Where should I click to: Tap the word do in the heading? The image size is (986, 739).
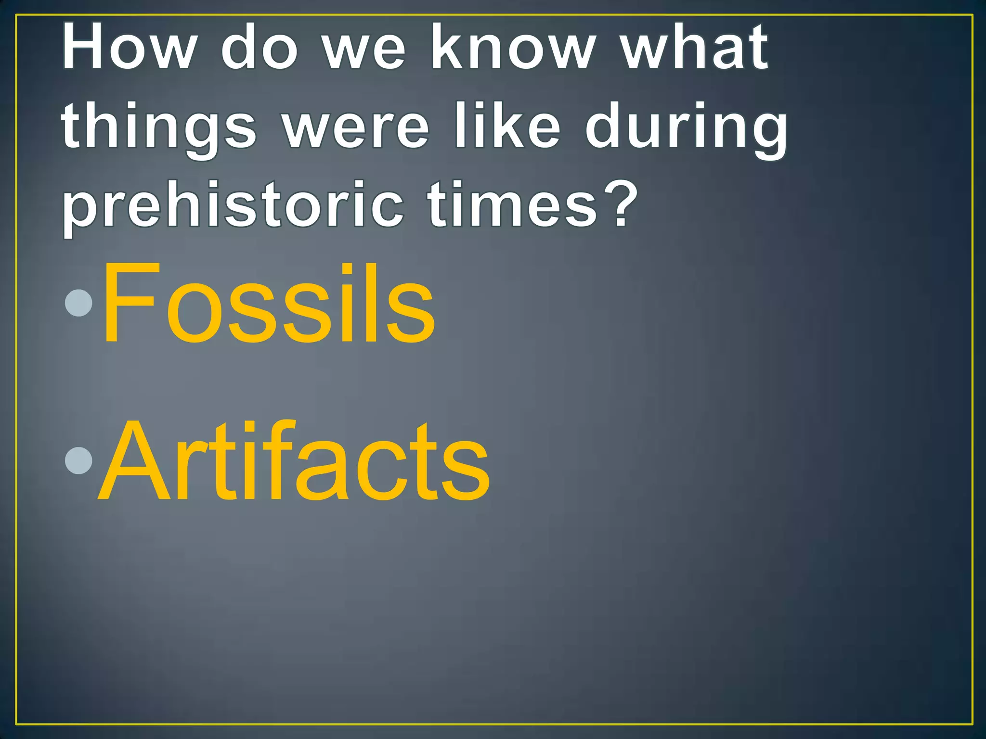coord(260,47)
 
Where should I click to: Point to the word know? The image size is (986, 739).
coord(513,47)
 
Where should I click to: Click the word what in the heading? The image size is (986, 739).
coord(694,47)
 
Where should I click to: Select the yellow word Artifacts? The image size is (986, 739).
coord(294,462)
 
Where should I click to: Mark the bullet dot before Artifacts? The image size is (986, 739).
coord(78,460)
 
